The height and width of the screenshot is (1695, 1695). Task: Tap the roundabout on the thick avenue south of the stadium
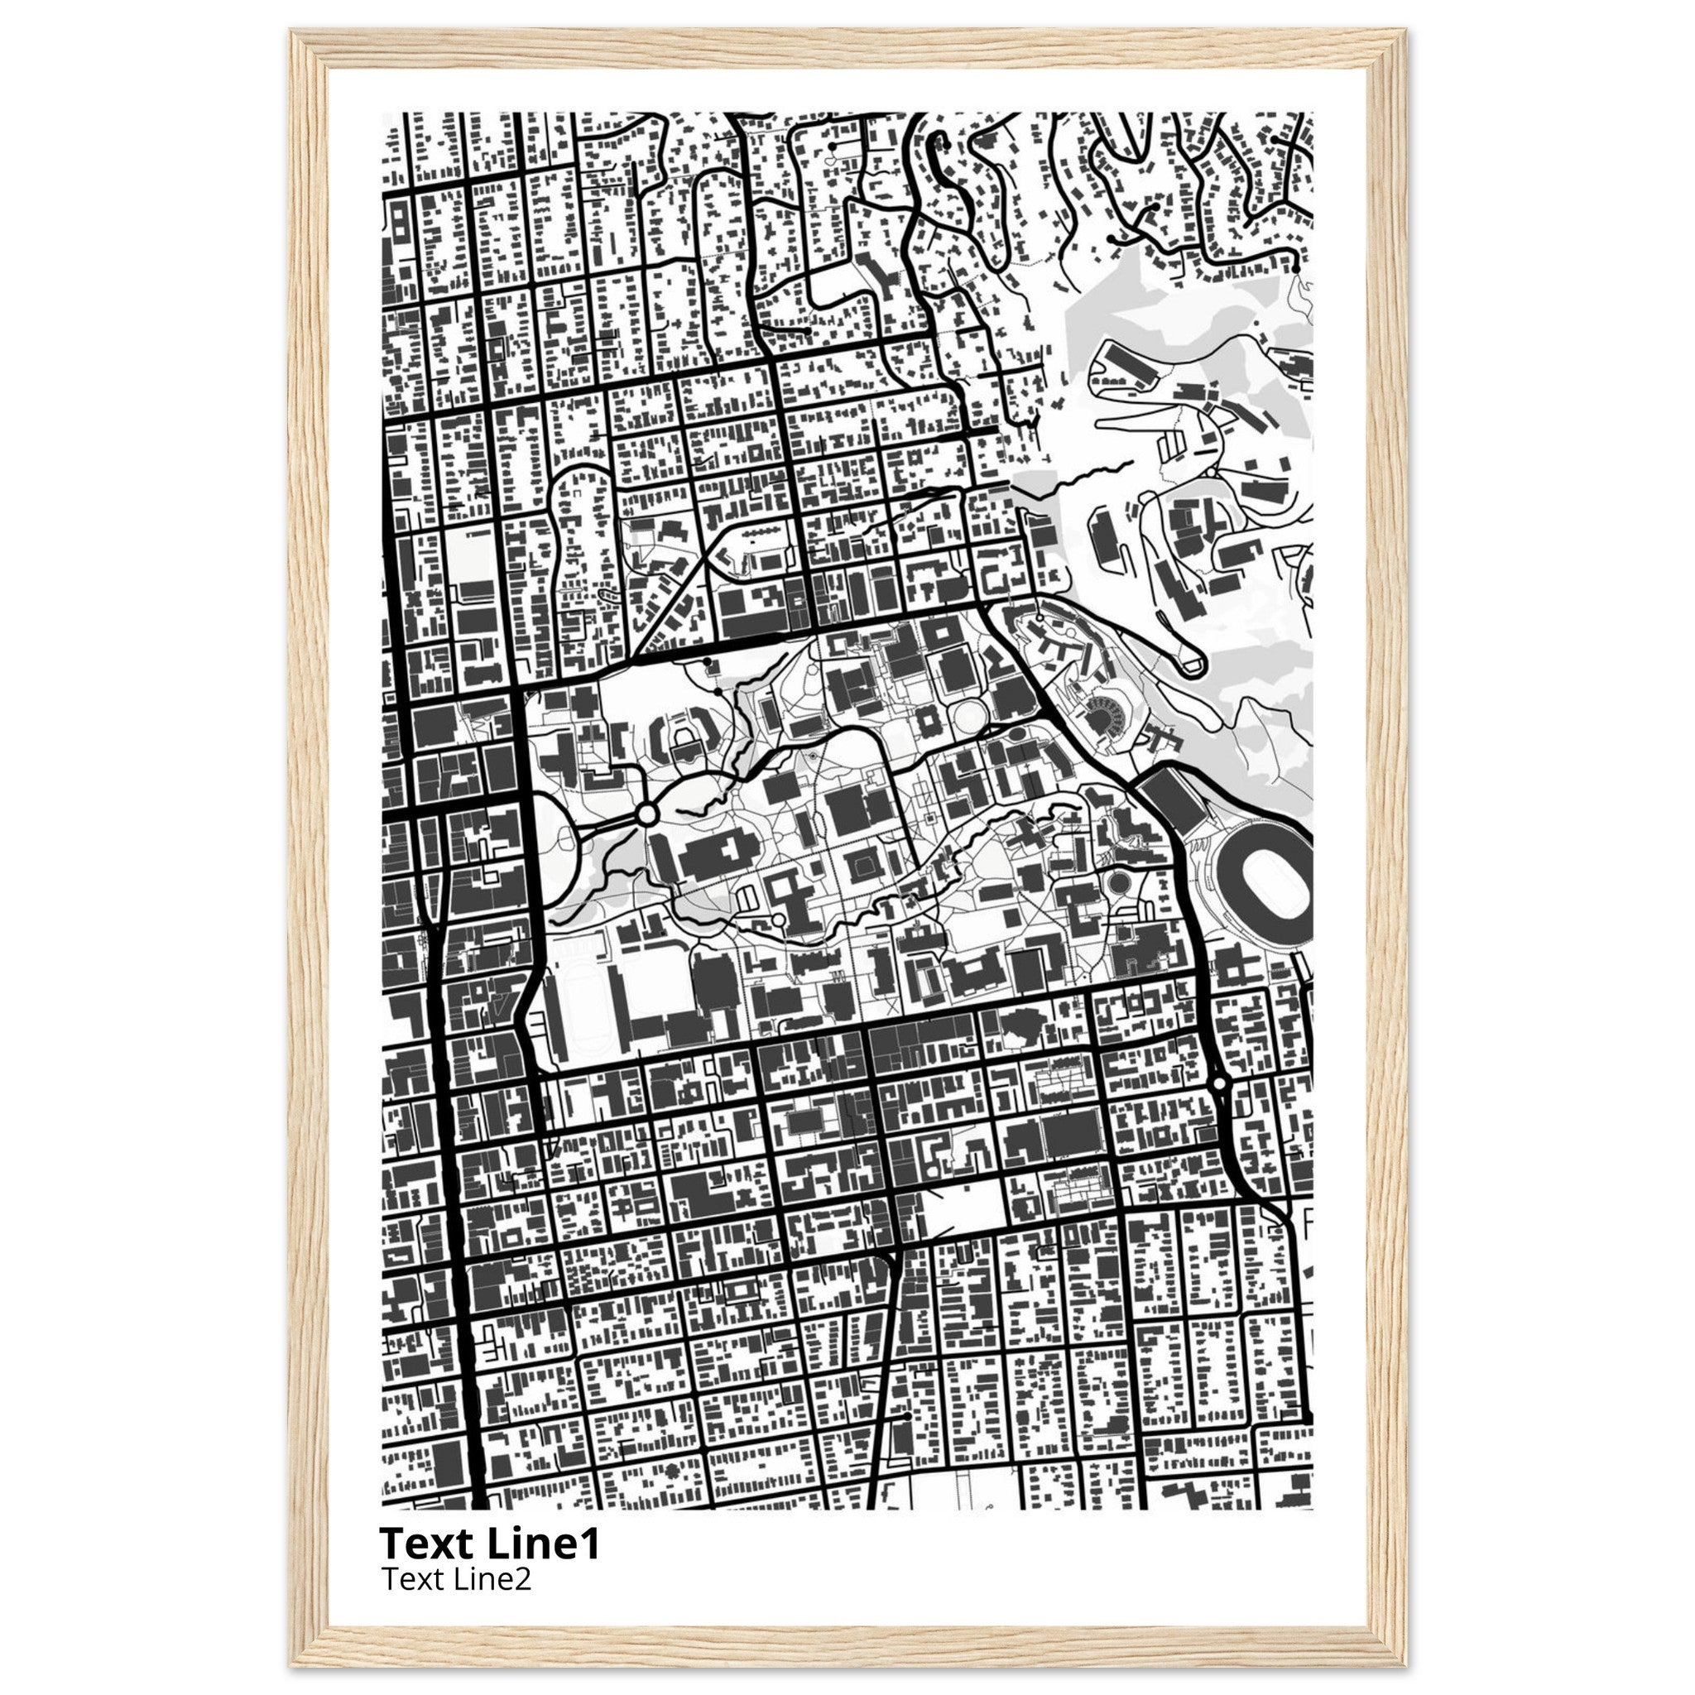pyautogui.click(x=1217, y=1084)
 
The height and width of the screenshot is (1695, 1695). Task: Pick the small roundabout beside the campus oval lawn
pyautogui.click(x=647, y=814)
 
